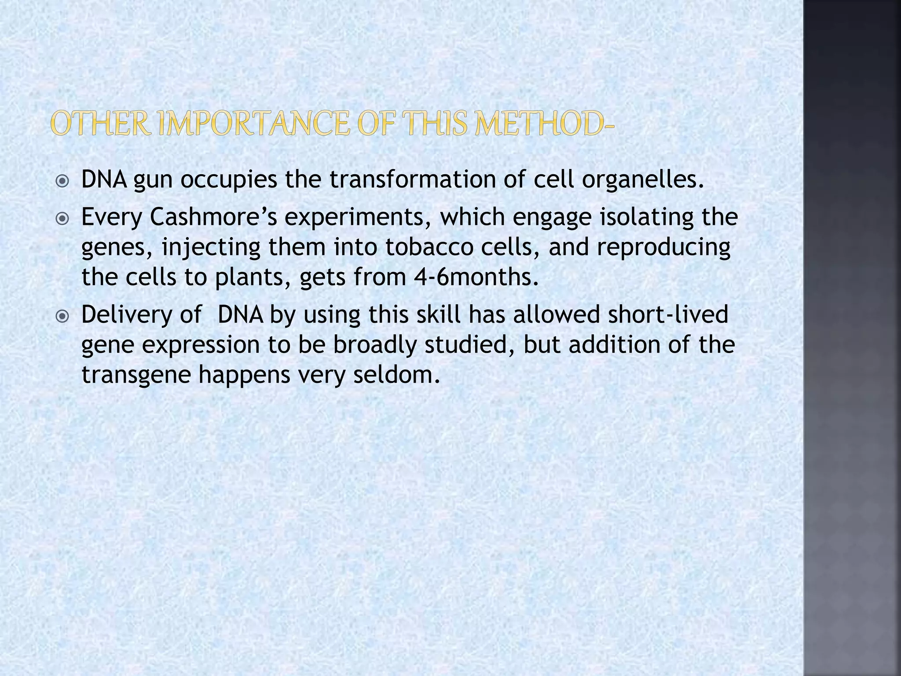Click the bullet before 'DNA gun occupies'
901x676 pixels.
tap(63, 181)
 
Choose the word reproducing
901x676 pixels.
tap(663, 248)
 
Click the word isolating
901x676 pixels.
tap(646, 218)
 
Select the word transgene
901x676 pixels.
tap(136, 375)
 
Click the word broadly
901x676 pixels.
tap(375, 345)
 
